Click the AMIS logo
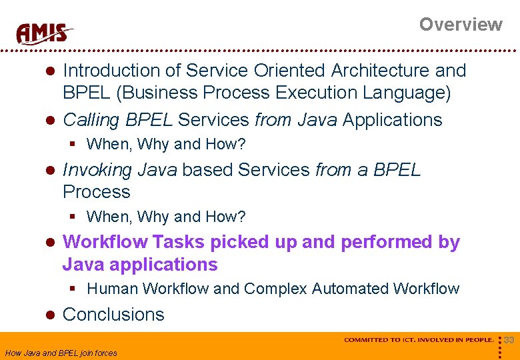45,33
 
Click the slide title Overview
460,25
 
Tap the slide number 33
509,340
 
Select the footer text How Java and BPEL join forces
61,353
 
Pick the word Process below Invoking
96,192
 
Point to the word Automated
350,289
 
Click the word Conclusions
113,315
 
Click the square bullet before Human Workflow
75,289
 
